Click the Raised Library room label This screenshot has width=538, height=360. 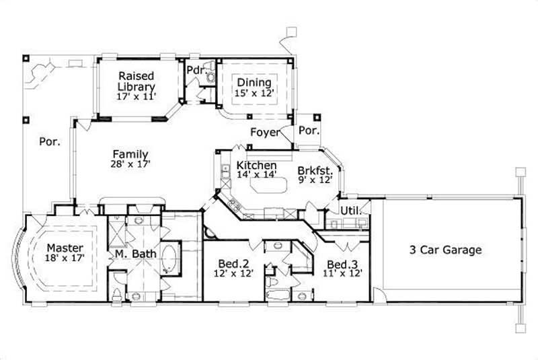(137, 81)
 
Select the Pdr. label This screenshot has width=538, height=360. (195, 70)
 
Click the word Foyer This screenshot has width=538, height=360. (265, 132)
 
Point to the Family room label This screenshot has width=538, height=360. (130, 154)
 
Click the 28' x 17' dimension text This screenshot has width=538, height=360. (130, 164)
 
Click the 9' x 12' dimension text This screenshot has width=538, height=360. (314, 180)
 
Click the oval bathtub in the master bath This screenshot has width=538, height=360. (171, 260)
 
